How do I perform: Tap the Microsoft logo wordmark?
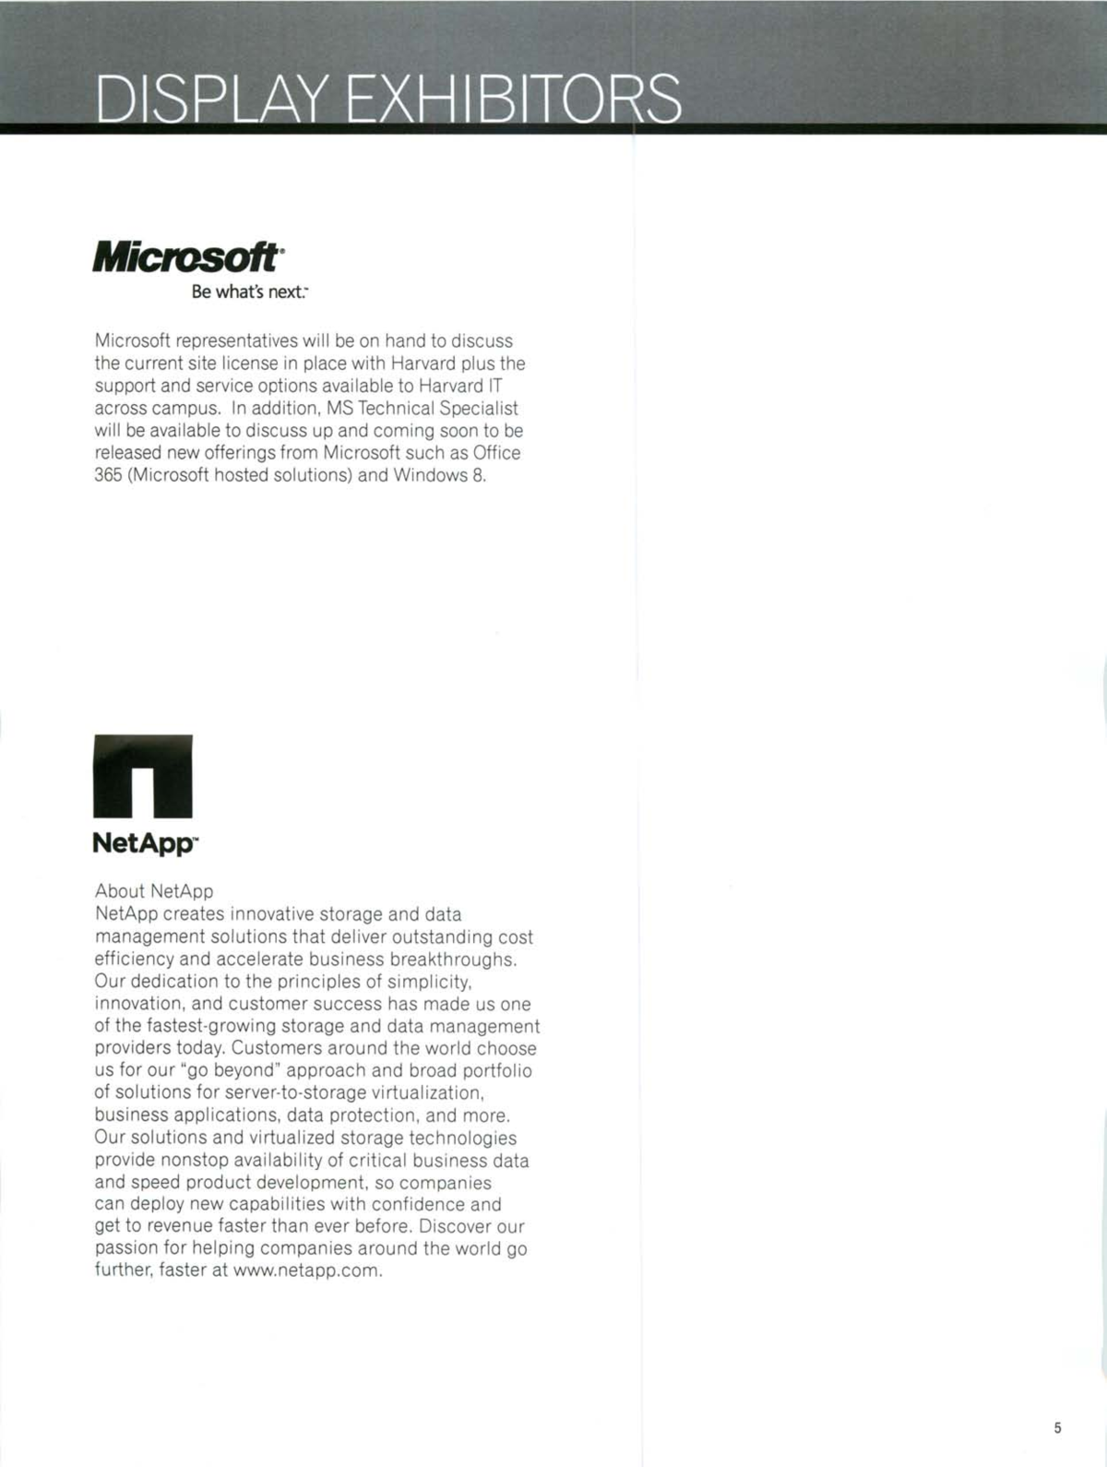185,257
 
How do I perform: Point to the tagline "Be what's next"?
249,292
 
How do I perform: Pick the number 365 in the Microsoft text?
108,476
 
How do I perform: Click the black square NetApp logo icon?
143,776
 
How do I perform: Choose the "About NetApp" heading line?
154,891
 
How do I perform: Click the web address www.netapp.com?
306,1270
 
